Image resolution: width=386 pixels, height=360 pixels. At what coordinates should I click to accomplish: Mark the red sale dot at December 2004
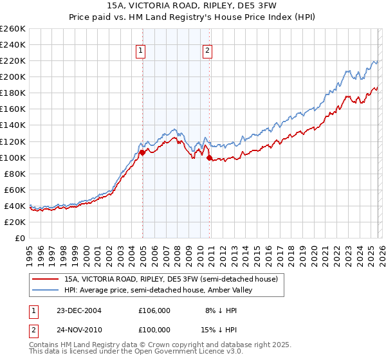click(x=142, y=152)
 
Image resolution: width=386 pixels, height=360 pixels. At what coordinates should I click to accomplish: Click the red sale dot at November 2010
click(x=209, y=157)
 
